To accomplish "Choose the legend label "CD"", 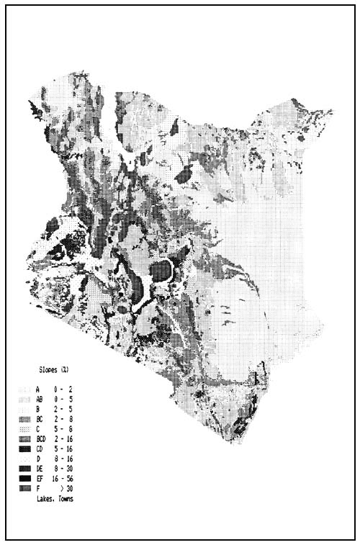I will coord(39,449).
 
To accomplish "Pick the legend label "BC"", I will coord(39,418).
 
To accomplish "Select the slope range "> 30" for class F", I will coord(68,488).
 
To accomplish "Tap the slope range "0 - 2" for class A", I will coord(65,389).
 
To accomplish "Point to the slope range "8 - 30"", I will coord(65,468).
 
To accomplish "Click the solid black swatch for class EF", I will coord(24,478).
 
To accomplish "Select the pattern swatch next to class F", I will coord(24,488).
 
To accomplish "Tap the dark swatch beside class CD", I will coord(24,449).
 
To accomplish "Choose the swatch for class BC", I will coord(24,418).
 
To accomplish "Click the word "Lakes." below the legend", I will coord(45,498).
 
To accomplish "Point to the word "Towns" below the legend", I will coord(63,498).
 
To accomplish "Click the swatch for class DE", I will coord(24,468).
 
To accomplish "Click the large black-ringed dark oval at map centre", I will coord(161,271).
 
